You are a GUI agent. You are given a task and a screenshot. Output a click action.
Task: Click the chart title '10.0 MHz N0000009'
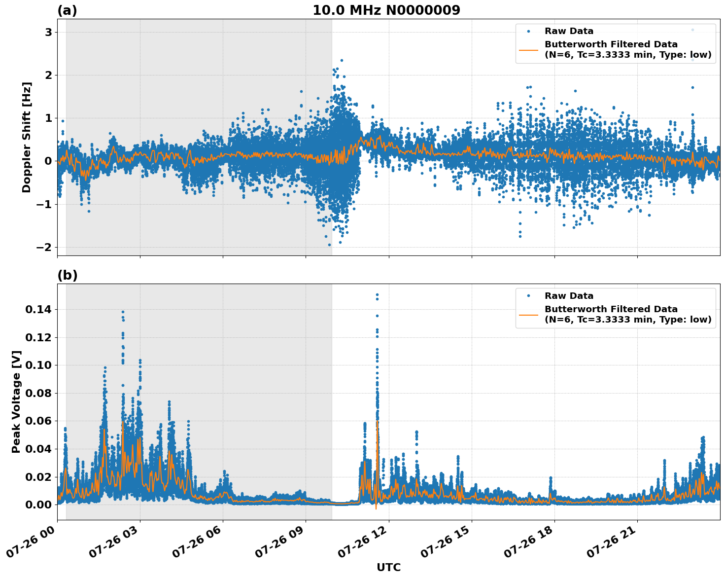coord(386,10)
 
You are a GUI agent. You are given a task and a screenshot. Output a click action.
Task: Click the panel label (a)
coord(67,10)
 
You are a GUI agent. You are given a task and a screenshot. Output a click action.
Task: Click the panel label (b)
coord(67,275)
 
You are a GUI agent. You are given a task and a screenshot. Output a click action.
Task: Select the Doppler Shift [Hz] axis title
coord(27,137)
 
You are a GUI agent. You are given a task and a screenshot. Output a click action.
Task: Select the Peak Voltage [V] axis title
coord(16,401)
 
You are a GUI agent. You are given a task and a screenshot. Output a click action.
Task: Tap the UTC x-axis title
coord(388,567)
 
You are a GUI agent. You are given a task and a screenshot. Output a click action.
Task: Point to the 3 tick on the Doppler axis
coord(49,33)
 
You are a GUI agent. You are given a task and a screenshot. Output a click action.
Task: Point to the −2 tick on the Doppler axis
coord(45,247)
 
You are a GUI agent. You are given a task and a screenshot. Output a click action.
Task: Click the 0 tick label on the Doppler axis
coord(49,161)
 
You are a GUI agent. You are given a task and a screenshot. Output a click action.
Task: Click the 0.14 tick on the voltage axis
coord(38,310)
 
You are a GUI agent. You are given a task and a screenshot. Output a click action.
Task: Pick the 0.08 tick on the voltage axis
coord(38,394)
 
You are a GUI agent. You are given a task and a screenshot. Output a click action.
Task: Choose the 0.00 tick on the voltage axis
coord(38,505)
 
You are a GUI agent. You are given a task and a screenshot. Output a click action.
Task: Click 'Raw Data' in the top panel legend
coord(569,31)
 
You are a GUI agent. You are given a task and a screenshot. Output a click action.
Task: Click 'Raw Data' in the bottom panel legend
coord(569,296)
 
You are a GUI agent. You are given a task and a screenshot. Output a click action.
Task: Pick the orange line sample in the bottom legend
coord(529,314)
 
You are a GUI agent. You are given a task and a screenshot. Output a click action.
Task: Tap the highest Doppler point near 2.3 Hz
coord(342,60)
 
